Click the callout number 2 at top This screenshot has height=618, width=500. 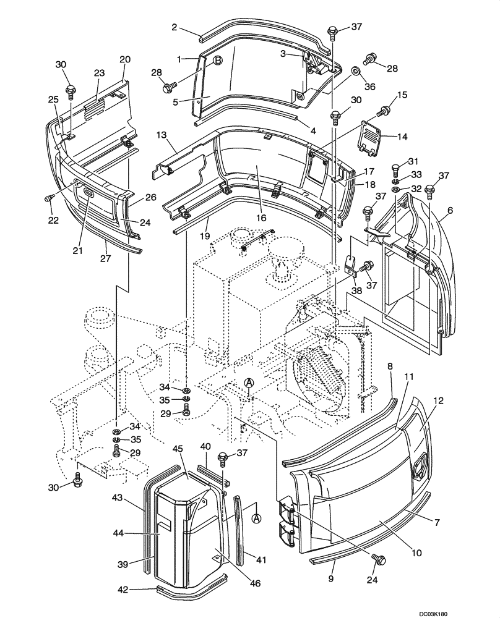[x=175, y=27]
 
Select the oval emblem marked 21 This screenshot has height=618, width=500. [x=90, y=193]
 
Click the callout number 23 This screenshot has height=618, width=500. [x=98, y=72]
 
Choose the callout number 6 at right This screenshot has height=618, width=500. [x=450, y=210]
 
